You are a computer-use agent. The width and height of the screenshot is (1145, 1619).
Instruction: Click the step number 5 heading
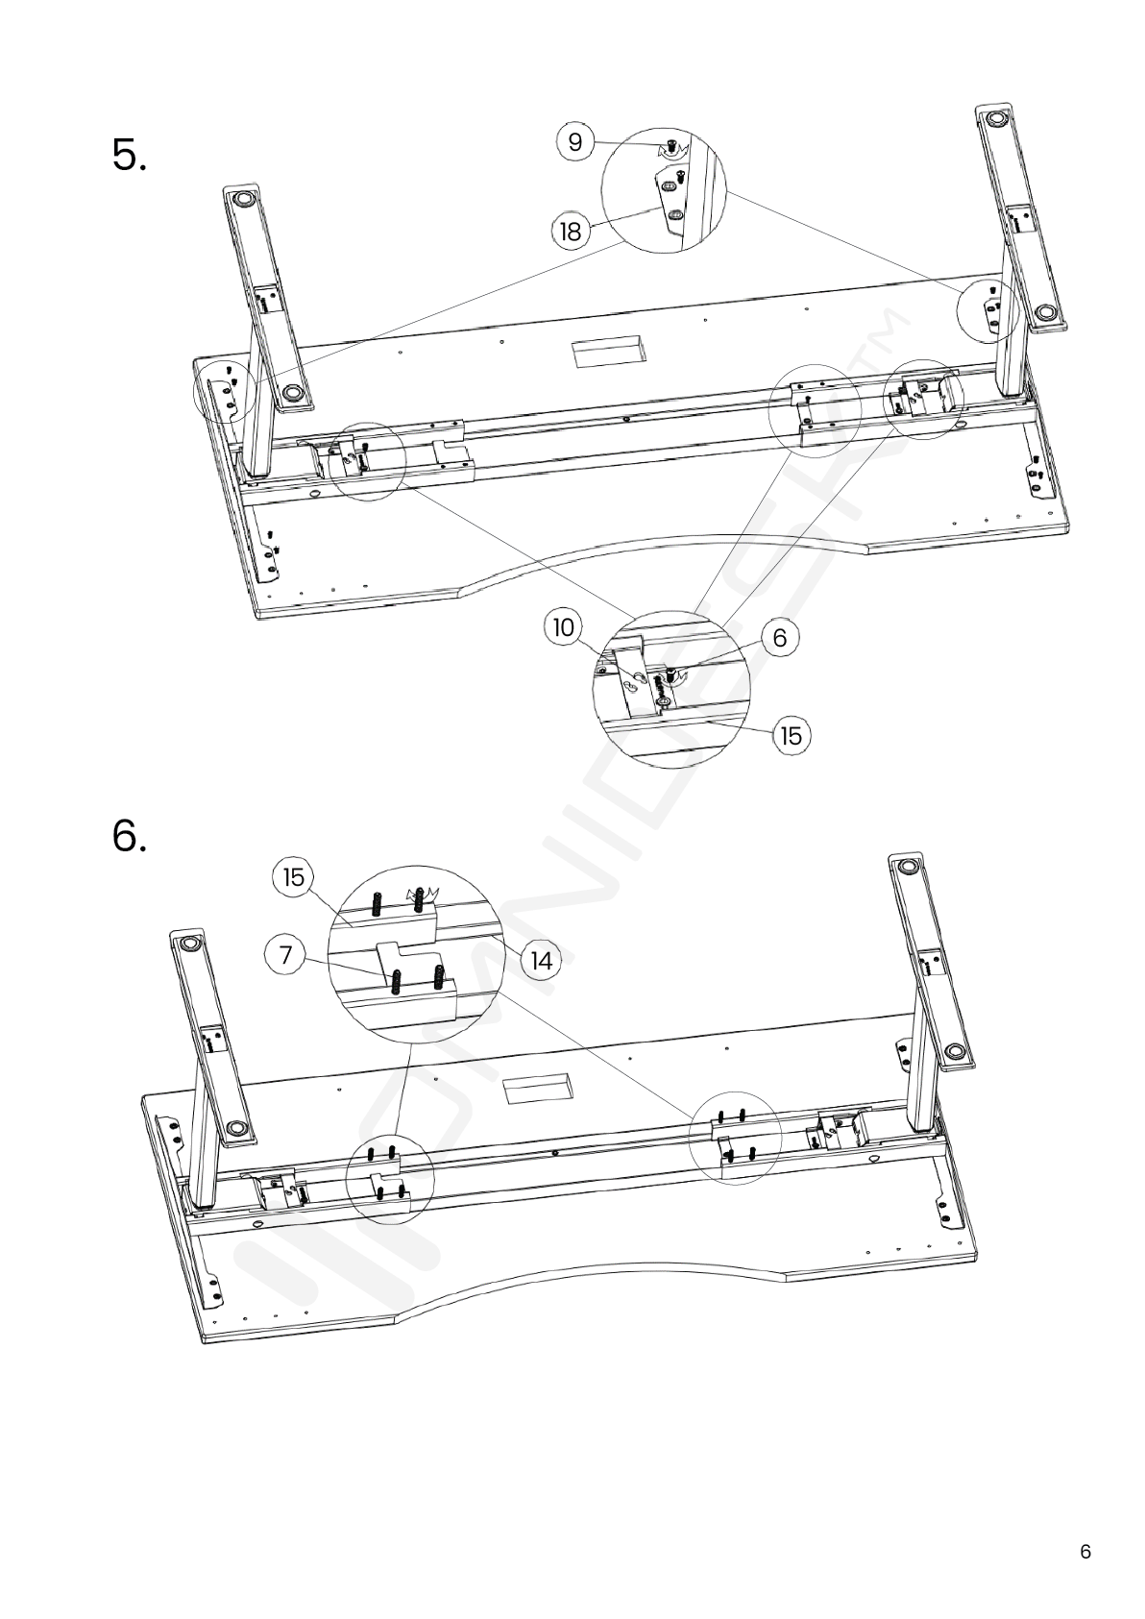(130, 156)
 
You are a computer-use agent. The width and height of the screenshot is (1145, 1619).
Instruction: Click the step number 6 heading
(130, 836)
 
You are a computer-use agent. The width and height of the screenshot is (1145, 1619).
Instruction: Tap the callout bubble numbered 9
(575, 141)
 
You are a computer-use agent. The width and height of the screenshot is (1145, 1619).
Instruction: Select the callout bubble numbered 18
(570, 232)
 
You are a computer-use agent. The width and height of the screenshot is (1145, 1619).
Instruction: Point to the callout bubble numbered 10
(564, 626)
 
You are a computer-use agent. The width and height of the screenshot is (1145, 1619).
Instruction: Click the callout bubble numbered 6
(779, 637)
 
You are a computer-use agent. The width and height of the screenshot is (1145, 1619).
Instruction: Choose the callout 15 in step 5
(791, 736)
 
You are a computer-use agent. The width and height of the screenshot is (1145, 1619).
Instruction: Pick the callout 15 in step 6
(293, 877)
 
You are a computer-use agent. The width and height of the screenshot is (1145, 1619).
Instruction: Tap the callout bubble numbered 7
(286, 955)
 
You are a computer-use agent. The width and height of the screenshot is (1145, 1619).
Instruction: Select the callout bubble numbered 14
(541, 961)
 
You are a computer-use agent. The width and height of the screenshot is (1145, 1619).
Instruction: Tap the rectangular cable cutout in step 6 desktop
(536, 1090)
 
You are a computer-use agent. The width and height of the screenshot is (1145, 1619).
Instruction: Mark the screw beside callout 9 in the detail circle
(671, 147)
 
